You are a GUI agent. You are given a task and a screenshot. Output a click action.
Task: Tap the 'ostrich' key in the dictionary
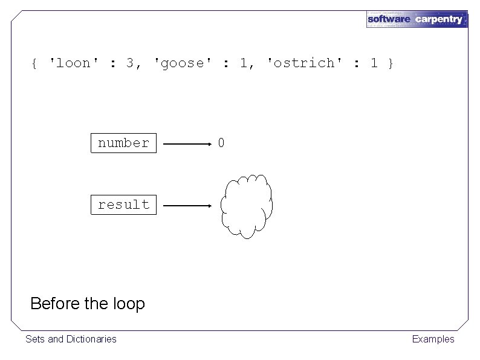tap(301, 63)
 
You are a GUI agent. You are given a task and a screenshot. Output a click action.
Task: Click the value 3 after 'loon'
tap(130, 63)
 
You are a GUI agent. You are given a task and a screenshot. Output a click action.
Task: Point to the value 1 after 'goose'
tap(243, 63)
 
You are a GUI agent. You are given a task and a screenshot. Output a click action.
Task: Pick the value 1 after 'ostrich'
tap(374, 63)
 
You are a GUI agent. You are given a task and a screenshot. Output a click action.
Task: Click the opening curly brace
tap(35, 63)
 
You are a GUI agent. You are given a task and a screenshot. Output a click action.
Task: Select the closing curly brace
tap(391, 63)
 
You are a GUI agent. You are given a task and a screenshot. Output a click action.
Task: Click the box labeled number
tap(123, 143)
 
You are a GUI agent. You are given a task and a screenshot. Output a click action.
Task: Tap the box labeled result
tap(123, 205)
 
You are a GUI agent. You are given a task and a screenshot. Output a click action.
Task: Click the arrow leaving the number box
tap(187, 145)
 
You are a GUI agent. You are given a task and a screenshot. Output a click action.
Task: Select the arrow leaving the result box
tap(187, 206)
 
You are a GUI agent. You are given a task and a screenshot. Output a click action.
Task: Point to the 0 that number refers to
tap(221, 143)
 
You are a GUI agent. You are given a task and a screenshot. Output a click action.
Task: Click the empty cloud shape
tap(246, 206)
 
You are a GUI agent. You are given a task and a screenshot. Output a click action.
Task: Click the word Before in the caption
tap(55, 303)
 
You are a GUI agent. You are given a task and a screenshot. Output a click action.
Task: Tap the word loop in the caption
tap(128, 303)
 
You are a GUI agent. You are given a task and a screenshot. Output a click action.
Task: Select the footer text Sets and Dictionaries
tap(71, 339)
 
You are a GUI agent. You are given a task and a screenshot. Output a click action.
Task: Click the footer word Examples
tap(433, 339)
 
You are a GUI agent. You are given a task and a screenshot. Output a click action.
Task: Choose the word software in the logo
tap(389, 19)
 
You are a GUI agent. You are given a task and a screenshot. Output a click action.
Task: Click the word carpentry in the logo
tap(439, 19)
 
